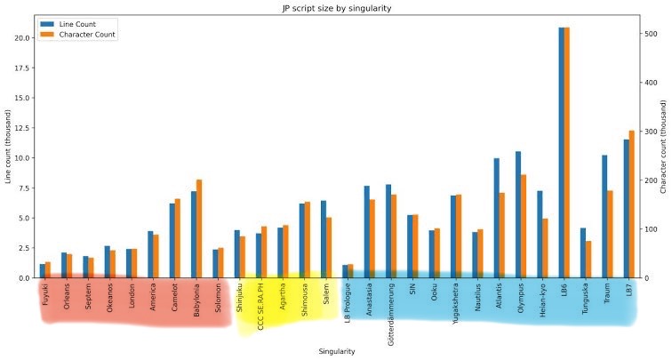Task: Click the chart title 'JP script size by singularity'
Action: pos(336,8)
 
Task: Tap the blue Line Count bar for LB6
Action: pos(562,151)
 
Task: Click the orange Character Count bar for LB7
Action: pos(632,204)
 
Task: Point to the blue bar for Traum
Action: pos(604,217)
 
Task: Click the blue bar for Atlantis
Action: pos(497,219)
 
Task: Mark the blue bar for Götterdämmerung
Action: pos(388,231)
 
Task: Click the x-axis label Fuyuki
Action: pos(45,292)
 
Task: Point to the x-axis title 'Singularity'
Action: pos(337,351)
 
